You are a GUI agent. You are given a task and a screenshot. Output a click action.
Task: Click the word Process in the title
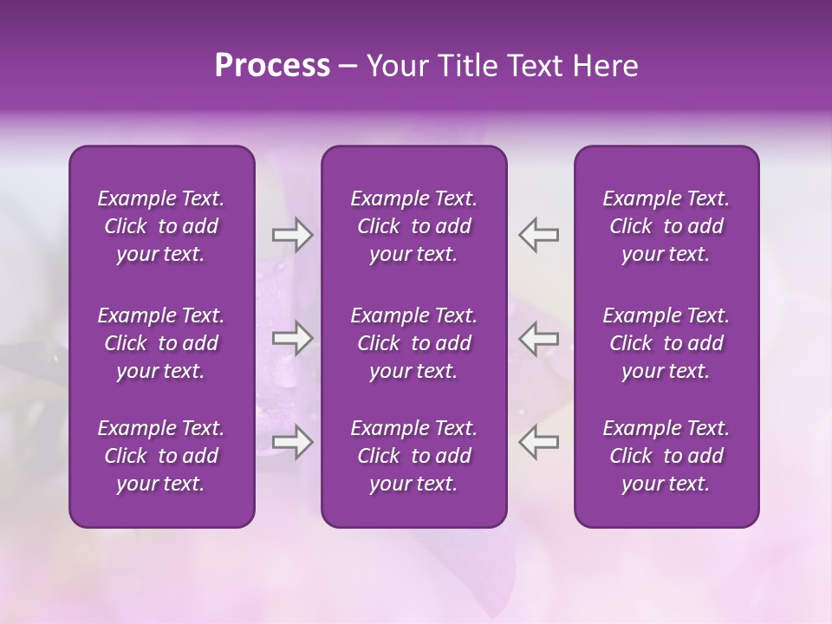[x=272, y=66]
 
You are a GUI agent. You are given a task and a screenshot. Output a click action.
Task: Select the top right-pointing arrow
[x=292, y=235]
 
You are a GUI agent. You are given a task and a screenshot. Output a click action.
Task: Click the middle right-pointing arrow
[x=292, y=338]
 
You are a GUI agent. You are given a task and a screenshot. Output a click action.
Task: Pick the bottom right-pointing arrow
[x=292, y=442]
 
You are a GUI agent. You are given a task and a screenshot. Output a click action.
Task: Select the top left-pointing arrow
[x=538, y=235]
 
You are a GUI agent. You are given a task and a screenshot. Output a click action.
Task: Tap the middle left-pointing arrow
[x=538, y=338]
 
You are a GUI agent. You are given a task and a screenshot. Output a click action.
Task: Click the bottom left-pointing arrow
[x=538, y=442]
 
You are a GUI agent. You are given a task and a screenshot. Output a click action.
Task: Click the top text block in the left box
[x=161, y=226]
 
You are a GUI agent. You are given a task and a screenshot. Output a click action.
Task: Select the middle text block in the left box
[x=161, y=343]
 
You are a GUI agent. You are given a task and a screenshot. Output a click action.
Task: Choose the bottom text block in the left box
[x=161, y=456]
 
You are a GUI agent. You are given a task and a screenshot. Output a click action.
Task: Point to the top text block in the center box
[x=414, y=226]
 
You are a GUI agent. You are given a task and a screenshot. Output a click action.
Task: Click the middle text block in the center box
[x=414, y=343]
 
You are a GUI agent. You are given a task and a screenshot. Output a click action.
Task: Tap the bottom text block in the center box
[x=414, y=456]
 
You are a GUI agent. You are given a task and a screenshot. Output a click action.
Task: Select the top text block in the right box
[x=666, y=226]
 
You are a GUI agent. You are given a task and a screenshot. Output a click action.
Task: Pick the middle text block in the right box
[x=666, y=343]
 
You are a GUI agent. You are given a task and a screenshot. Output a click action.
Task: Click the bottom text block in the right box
[x=666, y=456]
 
